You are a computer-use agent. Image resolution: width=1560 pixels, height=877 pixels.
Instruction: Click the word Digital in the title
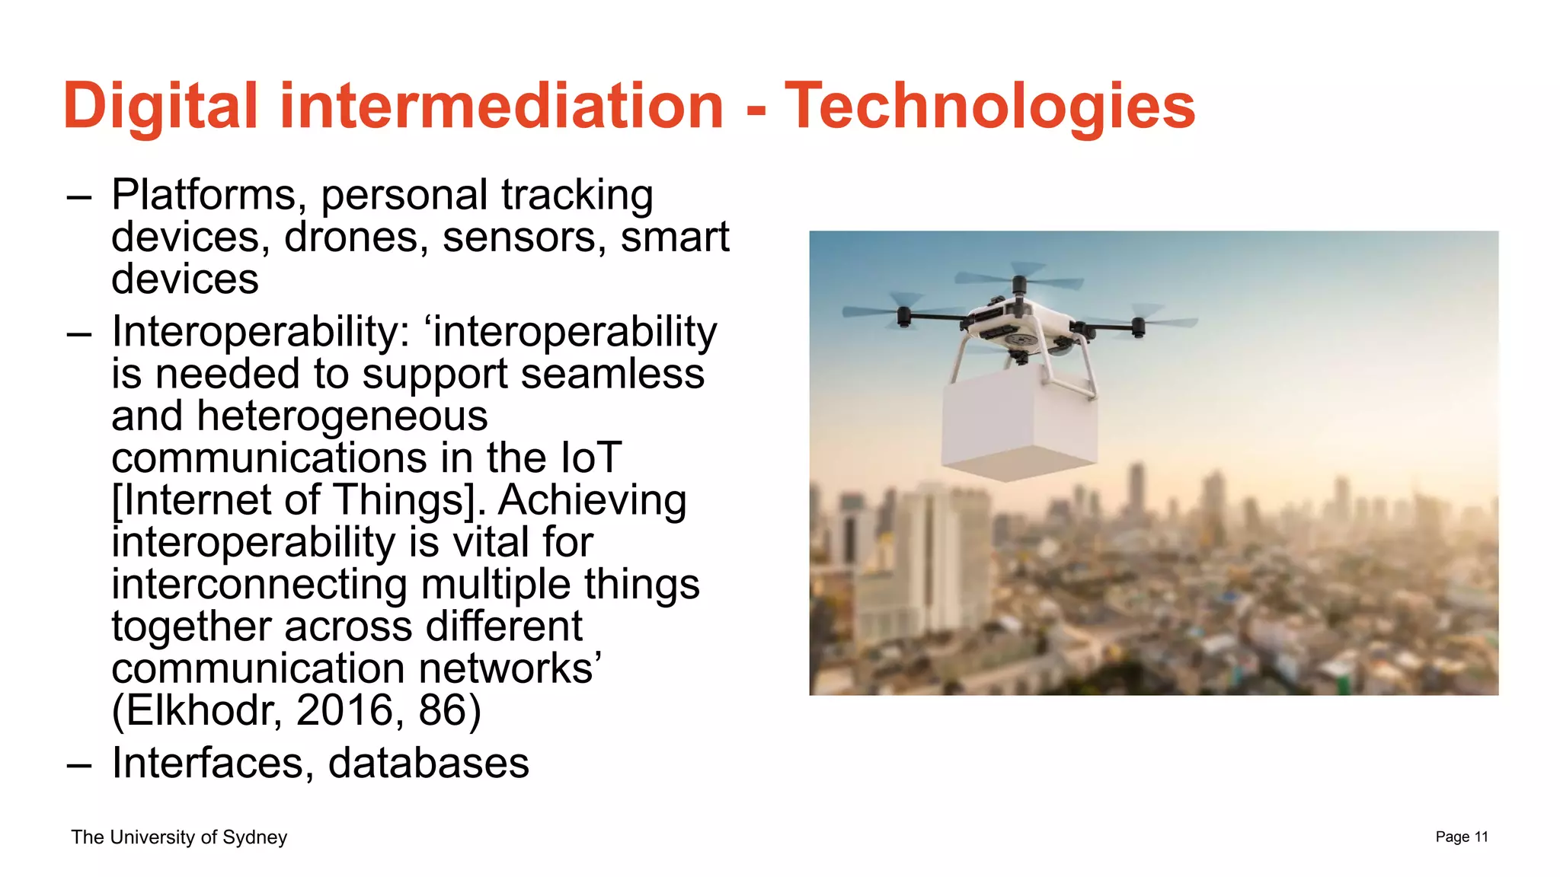(x=161, y=106)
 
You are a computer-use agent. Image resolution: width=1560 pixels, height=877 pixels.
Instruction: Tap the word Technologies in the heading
(x=989, y=106)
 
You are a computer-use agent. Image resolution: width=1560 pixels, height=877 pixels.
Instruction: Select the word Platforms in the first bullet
(x=203, y=195)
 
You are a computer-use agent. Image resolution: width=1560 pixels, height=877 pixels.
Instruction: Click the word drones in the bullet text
(x=351, y=237)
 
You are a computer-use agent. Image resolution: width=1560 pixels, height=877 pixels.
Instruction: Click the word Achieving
(x=592, y=500)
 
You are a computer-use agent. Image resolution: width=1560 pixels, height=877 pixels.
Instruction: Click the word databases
(x=428, y=763)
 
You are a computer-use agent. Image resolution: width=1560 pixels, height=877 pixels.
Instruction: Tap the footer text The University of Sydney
(x=179, y=837)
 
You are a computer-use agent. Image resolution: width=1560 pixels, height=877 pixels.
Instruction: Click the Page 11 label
(x=1461, y=837)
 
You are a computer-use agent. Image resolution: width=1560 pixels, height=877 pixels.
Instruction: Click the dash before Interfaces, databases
(x=79, y=764)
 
